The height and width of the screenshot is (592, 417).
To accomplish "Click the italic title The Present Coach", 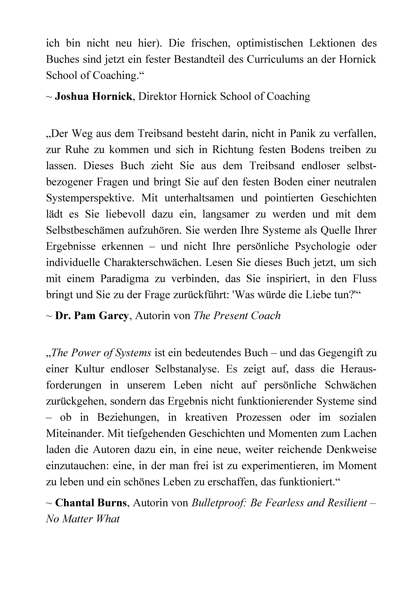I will (x=237, y=316).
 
